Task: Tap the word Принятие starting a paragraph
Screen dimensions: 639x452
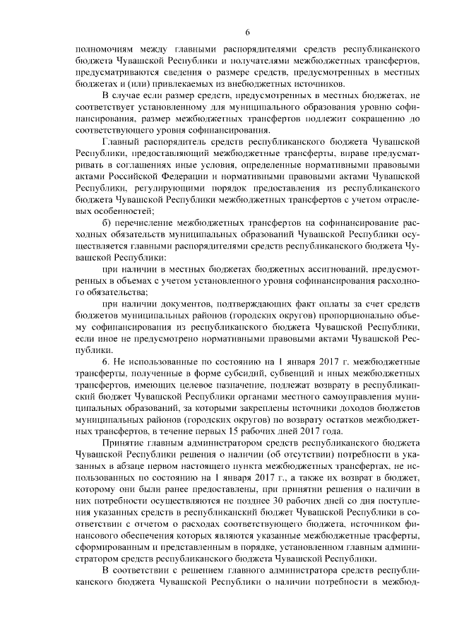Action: pos(122,443)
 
